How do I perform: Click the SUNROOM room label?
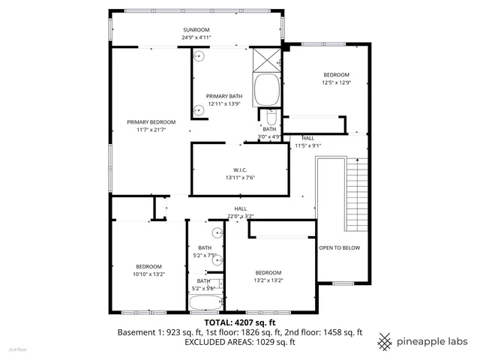(x=196, y=29)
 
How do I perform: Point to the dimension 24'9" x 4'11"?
(x=196, y=37)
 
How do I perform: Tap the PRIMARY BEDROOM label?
(x=151, y=122)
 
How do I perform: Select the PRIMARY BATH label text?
(x=223, y=96)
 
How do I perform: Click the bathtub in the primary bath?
(x=266, y=91)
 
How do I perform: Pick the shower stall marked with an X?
(x=266, y=59)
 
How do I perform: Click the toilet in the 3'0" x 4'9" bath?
(x=270, y=118)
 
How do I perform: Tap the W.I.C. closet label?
(x=240, y=169)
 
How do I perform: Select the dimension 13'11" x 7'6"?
(x=240, y=177)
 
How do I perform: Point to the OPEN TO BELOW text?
(x=339, y=247)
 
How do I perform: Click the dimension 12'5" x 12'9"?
(x=336, y=82)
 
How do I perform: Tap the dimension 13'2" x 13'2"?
(x=268, y=280)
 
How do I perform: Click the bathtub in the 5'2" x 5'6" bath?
(x=205, y=304)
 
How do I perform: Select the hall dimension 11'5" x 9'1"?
(x=307, y=145)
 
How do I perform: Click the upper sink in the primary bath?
(x=200, y=56)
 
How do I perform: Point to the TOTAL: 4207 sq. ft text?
(x=239, y=322)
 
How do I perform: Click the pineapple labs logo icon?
(x=385, y=340)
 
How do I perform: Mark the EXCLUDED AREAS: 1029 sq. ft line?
(x=239, y=342)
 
